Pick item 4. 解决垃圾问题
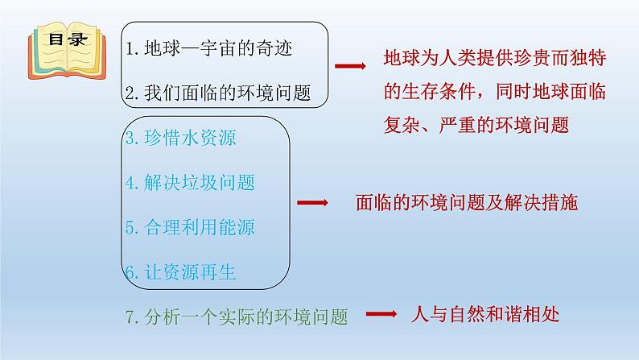[x=190, y=183]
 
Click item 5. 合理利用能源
[x=190, y=228]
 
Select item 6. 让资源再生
[x=180, y=272]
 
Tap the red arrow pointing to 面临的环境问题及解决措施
[x=311, y=203]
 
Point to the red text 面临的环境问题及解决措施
[x=466, y=203]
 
